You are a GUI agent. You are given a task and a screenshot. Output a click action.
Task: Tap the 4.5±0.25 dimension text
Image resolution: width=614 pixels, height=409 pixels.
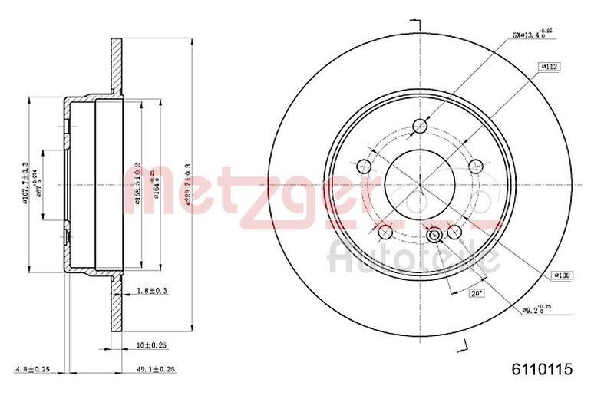31,370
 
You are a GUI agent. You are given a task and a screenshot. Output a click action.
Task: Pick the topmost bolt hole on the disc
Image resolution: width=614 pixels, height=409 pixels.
419,127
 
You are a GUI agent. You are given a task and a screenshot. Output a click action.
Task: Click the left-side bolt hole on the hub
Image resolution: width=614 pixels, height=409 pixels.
364,163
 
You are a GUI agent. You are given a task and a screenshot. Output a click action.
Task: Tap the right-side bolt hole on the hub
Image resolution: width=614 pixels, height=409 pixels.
475,163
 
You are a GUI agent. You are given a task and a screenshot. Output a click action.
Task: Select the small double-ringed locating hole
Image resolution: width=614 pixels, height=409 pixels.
436,235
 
